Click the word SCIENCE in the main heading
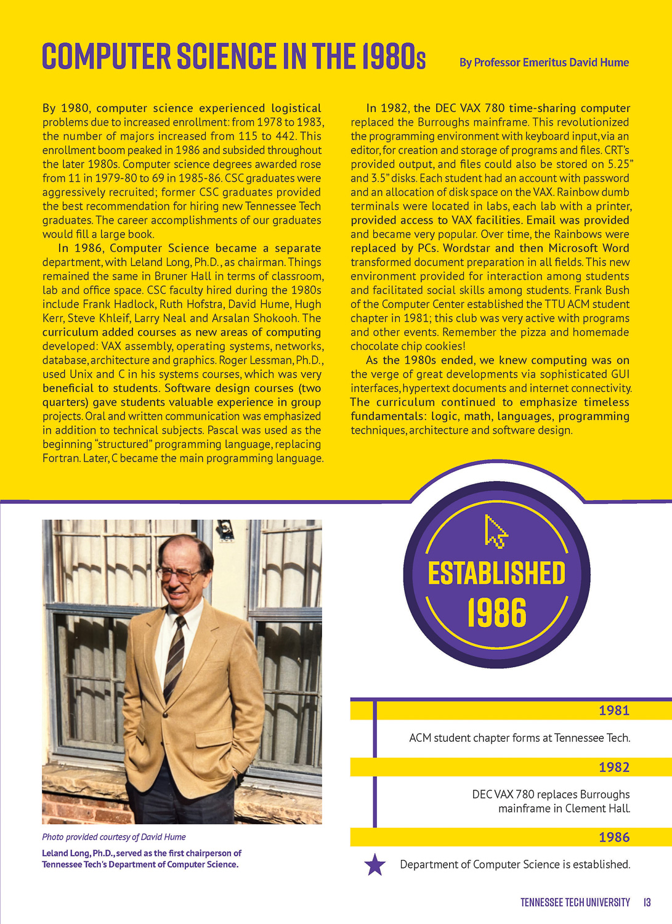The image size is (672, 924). [226, 56]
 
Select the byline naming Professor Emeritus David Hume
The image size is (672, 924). [544, 62]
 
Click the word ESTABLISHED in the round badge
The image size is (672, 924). [496, 573]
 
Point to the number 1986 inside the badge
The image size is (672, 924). [496, 613]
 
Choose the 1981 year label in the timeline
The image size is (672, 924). [613, 710]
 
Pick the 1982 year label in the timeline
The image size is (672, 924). [613, 767]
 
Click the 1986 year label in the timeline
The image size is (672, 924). [613, 837]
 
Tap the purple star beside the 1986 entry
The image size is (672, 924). [375, 865]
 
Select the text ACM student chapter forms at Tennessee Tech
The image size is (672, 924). [519, 738]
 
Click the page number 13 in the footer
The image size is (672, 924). [647, 902]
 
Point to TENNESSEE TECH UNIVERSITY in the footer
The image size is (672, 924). [575, 902]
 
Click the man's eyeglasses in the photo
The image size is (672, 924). [180, 575]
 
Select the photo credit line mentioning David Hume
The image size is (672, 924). [113, 837]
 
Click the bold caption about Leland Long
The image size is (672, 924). [141, 859]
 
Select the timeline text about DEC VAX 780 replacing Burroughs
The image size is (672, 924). [551, 801]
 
